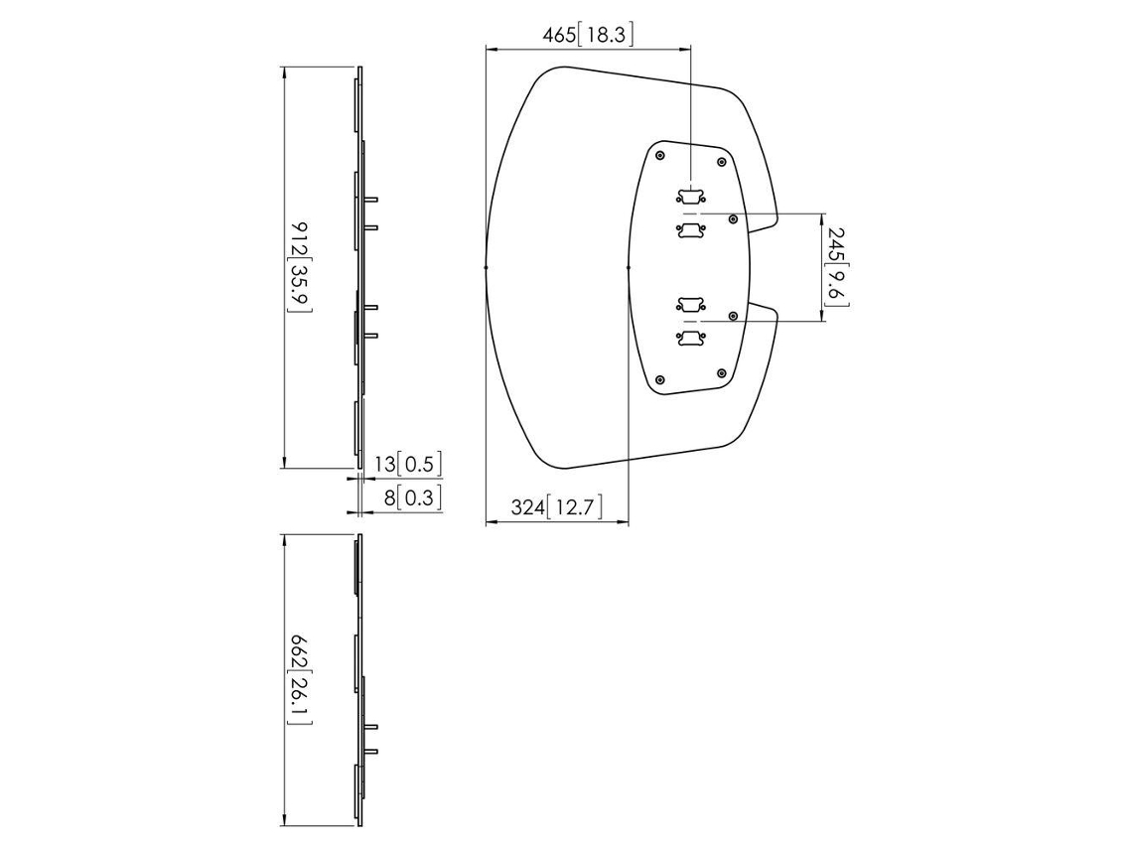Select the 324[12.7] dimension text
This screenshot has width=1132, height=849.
pos(557,506)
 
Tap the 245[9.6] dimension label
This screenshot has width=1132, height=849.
pos(837,266)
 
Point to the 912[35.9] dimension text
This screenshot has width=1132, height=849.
pos(300,267)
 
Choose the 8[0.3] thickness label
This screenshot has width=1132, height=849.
pos(412,497)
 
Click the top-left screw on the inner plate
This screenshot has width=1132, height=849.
pos(660,156)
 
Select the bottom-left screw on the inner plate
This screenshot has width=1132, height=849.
pos(660,379)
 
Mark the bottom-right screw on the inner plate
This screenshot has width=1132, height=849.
pos(721,373)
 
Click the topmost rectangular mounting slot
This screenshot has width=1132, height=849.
pos(691,197)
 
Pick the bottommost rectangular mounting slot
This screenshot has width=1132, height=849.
pos(691,338)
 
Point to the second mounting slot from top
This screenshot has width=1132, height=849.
pos(691,230)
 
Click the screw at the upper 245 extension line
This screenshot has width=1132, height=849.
pos(734,218)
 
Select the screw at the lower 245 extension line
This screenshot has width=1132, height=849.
pos(734,316)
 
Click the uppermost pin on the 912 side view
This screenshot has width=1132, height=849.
pos(370,200)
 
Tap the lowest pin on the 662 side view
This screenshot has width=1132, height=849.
pos(370,753)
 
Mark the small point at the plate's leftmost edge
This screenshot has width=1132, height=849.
pos(486,267)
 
